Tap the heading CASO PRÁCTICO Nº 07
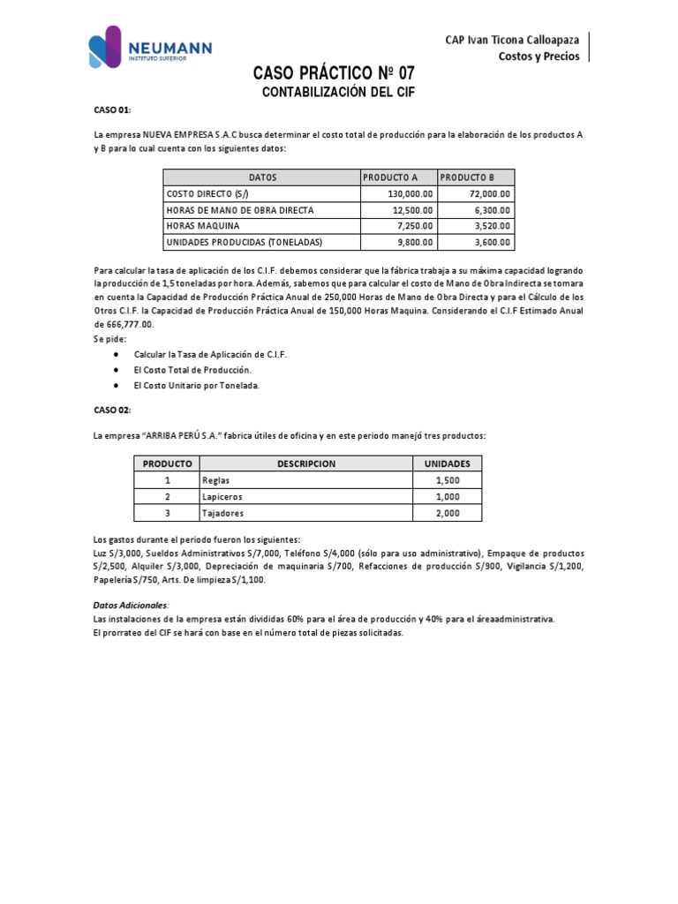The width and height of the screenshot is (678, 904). click(333, 73)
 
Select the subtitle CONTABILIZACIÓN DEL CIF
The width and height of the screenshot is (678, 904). click(339, 92)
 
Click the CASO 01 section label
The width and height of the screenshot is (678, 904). click(112, 109)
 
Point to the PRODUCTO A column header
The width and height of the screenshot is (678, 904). click(390, 177)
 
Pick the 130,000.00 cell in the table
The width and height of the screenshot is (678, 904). click(411, 193)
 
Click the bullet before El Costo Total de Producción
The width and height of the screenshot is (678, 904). click(117, 370)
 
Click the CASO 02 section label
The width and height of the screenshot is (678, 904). click(112, 411)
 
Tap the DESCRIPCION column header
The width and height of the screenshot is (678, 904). click(305, 463)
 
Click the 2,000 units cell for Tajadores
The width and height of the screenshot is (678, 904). click(447, 513)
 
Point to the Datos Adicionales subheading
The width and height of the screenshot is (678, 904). click(131, 605)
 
